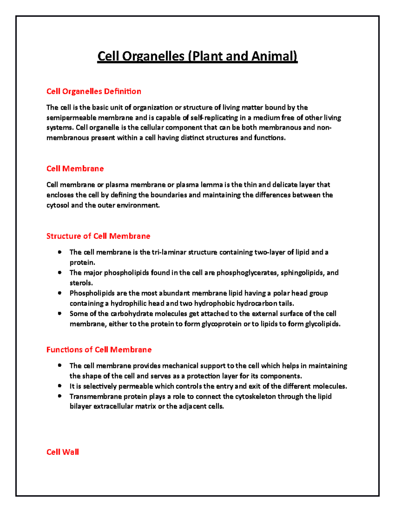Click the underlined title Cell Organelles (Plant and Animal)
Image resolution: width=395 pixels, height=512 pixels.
tap(197, 56)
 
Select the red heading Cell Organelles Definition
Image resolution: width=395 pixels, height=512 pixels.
tap(94, 91)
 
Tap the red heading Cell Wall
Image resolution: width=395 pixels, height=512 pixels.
tap(63, 452)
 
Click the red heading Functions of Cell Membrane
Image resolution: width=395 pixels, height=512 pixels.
tap(99, 350)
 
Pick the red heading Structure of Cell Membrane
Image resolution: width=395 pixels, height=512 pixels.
tap(98, 236)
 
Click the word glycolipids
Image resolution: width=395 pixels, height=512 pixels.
tap(323, 324)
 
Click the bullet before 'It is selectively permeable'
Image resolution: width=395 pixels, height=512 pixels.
tap(60, 386)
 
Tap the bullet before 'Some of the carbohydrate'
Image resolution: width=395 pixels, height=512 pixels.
tap(60, 314)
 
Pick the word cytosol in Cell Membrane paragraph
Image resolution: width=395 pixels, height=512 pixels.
tap(58, 205)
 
